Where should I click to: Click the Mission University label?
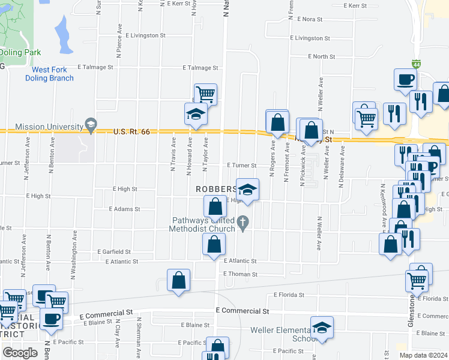[48, 127]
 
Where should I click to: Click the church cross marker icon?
[244, 224]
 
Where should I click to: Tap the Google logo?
[20, 353]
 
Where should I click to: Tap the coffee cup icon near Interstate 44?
[405, 79]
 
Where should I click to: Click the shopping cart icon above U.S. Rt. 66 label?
[205, 94]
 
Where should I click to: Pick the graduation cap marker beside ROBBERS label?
[247, 190]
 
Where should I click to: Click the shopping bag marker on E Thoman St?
[178, 280]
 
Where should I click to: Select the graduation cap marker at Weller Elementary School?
[322, 328]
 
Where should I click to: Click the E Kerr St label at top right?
[355, 5]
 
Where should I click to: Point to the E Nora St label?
[308, 19]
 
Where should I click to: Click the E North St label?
[321, 56]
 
